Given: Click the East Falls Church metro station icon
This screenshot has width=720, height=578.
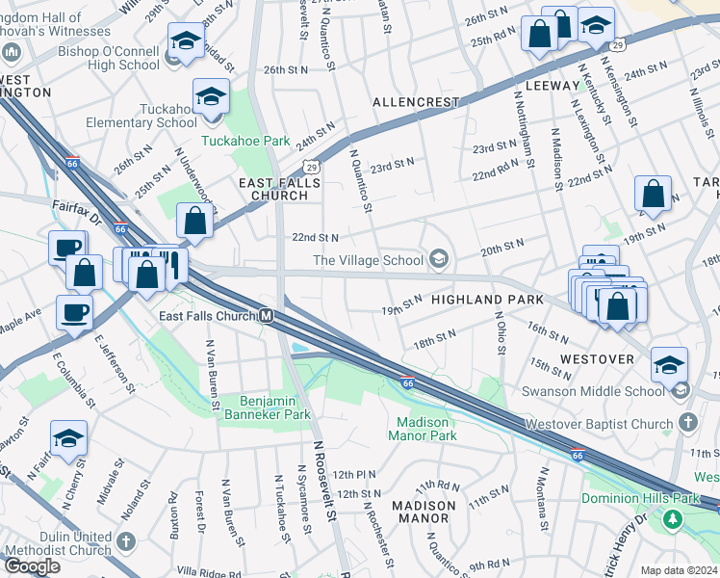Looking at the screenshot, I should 267,316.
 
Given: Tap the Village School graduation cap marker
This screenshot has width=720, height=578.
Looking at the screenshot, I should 439,257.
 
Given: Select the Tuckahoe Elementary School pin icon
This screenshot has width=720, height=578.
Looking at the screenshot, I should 211,98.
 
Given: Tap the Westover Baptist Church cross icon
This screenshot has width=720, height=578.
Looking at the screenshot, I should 687,422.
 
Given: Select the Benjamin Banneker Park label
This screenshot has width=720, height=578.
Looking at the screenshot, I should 268,407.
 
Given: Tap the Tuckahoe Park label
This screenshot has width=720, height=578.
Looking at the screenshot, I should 245,141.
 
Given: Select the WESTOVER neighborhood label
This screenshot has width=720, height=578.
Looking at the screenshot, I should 596,359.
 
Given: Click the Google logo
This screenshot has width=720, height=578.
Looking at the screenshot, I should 32,566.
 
